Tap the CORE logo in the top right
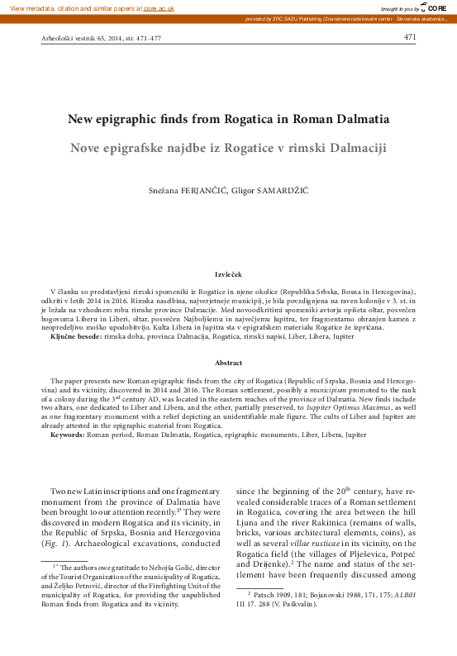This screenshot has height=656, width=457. [436, 7]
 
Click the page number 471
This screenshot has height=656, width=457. [410, 37]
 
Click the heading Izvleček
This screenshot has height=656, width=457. [228, 273]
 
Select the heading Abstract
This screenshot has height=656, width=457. [228, 363]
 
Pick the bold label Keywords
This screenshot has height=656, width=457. [71, 434]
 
